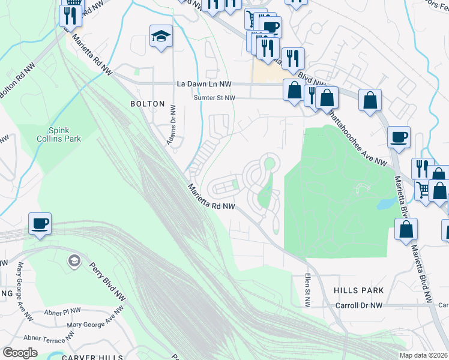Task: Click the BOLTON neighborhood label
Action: pyautogui.click(x=147, y=104)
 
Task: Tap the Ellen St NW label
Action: pyautogui.click(x=307, y=291)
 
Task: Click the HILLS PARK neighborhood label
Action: pyautogui.click(x=358, y=290)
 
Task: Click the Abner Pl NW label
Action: pyautogui.click(x=62, y=311)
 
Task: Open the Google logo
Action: pyautogui.click(x=20, y=353)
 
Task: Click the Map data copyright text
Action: pyautogui.click(x=423, y=355)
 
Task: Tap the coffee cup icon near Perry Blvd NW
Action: pyautogui.click(x=40, y=224)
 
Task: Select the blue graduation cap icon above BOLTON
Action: pyautogui.click(x=161, y=36)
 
